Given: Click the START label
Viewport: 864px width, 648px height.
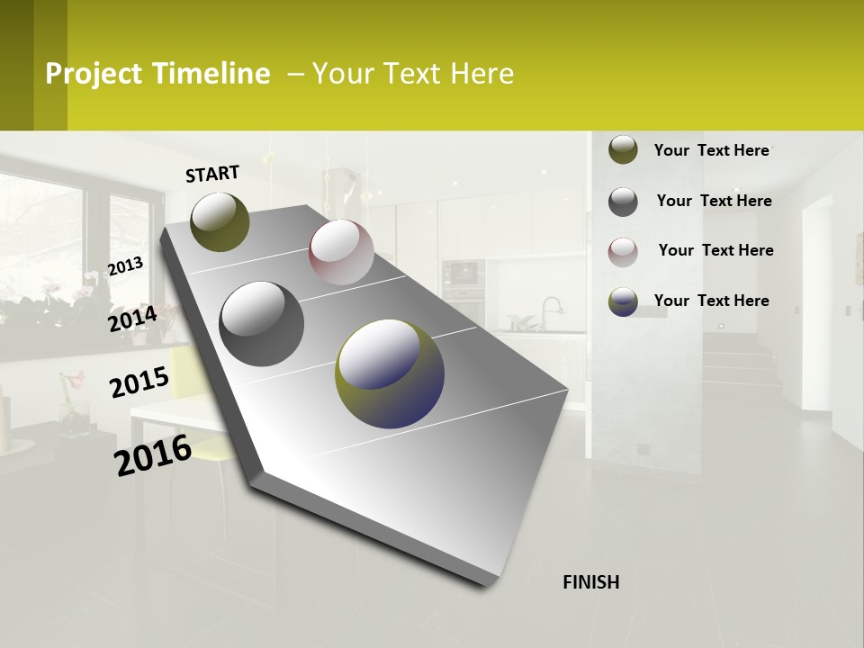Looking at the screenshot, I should tap(212, 174).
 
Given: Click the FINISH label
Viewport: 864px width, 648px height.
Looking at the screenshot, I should tap(590, 582).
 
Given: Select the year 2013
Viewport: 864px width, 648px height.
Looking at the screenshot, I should tap(125, 266).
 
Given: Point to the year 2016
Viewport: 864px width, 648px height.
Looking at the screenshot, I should tap(153, 454).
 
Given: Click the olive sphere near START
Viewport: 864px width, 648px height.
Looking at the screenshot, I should tap(220, 221).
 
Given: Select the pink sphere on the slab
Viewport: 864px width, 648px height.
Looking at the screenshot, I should tap(341, 252).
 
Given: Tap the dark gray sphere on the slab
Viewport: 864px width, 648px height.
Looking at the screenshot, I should tap(262, 323).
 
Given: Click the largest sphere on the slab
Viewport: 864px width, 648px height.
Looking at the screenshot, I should tap(390, 373).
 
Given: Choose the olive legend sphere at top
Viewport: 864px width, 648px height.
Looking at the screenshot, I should tap(623, 150).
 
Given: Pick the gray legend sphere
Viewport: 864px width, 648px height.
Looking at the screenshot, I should tap(623, 202).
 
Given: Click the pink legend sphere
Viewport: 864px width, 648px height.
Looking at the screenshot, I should tap(623, 251).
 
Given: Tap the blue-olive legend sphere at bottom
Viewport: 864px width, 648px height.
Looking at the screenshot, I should tap(623, 301).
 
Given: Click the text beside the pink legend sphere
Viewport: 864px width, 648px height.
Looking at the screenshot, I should tap(715, 250).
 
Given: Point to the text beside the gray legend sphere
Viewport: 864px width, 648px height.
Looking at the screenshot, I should tap(714, 201).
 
